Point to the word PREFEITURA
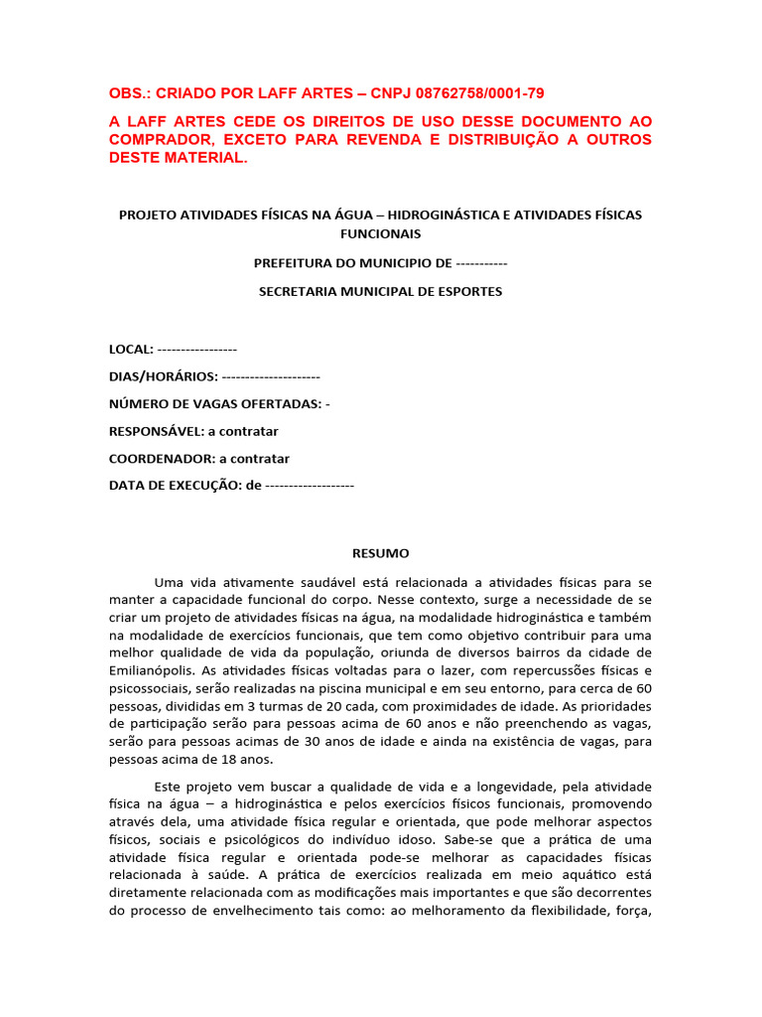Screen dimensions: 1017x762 click(296, 263)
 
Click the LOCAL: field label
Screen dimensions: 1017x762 click(131, 349)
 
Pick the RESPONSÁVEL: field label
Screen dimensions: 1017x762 click(156, 431)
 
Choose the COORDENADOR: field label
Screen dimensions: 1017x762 click(162, 459)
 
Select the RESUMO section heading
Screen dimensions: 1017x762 click(381, 553)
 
